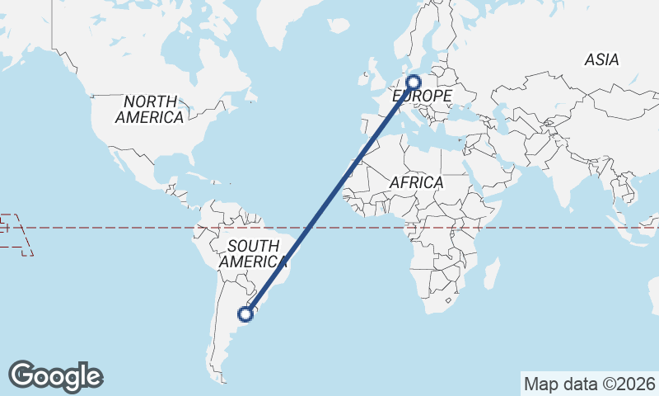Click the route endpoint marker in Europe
coord(414,82)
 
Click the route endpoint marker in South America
coord(245,313)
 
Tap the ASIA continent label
coord(601,59)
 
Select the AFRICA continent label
coord(416,182)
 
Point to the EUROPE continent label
coord(421,97)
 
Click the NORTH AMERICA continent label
coord(149,109)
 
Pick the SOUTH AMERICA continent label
coord(252,253)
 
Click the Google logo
coord(55,375)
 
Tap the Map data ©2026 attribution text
coord(589,384)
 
